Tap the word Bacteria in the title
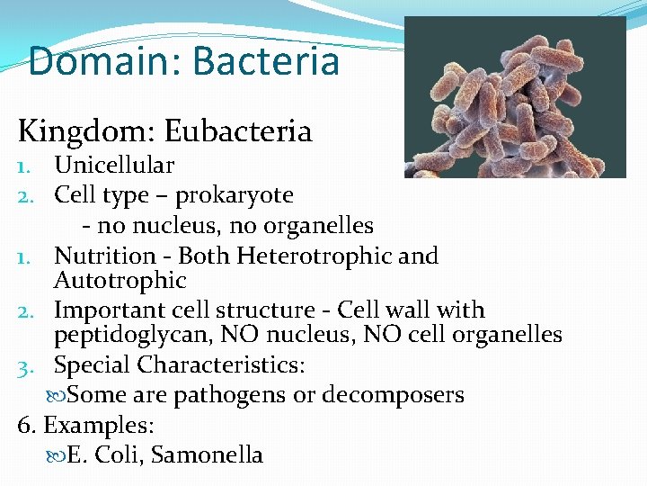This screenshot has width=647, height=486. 266,61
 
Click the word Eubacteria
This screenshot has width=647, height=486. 237,131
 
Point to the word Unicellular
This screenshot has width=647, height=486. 114,166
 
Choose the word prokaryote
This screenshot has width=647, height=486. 234,195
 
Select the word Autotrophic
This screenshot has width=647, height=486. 120,280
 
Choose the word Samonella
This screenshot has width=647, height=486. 207,455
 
